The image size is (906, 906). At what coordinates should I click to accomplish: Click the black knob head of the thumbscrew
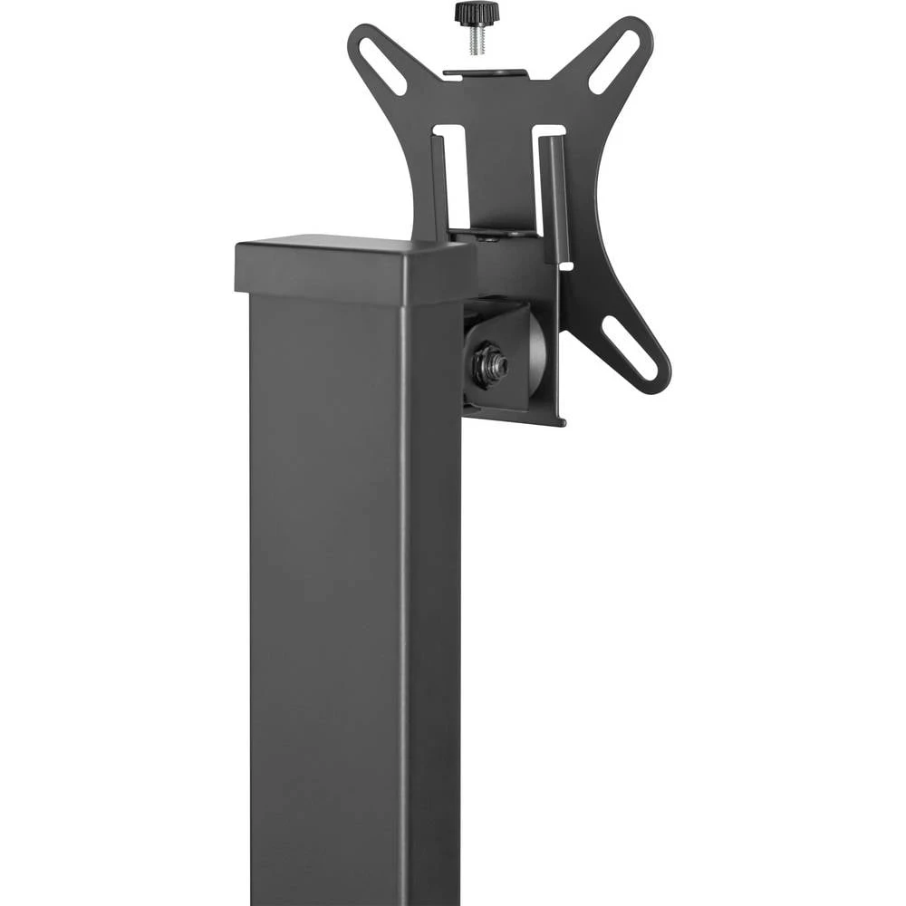point(477,14)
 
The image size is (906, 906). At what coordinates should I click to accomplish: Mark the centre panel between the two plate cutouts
point(501,172)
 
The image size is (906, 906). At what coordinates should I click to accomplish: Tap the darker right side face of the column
point(434,589)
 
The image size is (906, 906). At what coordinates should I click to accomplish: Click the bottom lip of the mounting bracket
point(516,416)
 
